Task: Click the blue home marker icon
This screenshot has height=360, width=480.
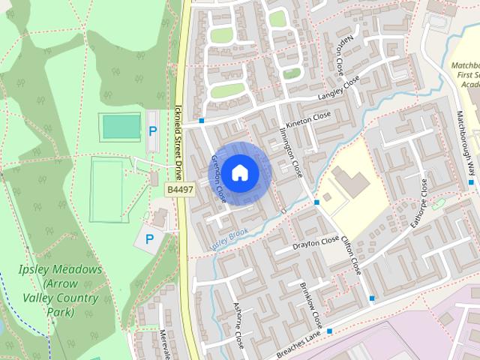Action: point(239,172)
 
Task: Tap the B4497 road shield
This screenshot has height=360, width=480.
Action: point(177,191)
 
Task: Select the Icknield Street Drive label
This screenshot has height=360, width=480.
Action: point(178,143)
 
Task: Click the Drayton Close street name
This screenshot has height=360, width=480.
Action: point(316,243)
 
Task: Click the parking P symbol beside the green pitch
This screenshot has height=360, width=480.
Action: point(153,130)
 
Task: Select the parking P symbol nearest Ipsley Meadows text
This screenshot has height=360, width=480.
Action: point(149,239)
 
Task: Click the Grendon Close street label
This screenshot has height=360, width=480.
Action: point(218,178)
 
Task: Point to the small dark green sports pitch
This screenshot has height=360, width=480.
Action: point(121,127)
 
